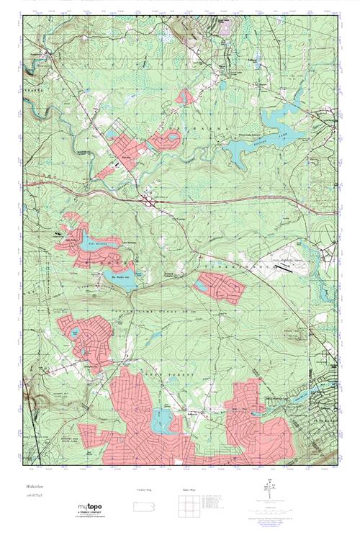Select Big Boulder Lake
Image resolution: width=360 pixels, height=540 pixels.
121,280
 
